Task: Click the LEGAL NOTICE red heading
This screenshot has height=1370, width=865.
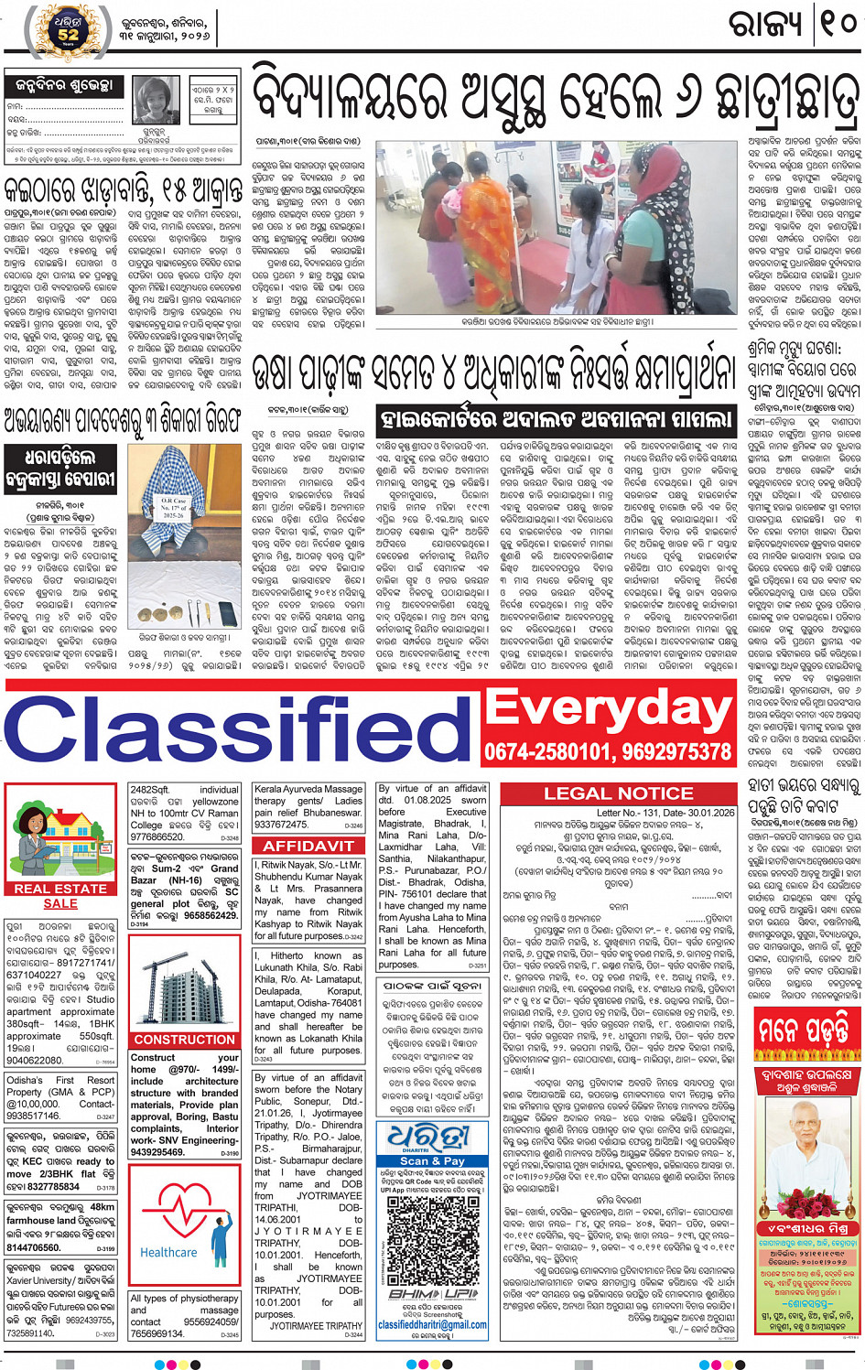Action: click(619, 793)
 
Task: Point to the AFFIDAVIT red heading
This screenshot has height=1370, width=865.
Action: click(308, 846)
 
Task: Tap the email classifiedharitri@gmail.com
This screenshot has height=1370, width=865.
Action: click(432, 1324)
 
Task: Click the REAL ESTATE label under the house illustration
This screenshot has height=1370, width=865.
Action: click(60, 888)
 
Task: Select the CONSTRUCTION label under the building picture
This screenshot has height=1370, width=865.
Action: click(185, 1040)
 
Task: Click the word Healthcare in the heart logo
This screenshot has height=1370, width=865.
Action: click(168, 1252)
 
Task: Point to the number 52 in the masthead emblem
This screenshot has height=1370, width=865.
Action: click(68, 35)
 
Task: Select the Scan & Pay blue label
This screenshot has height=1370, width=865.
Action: click(432, 1160)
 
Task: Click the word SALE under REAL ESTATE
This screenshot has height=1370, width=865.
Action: click(60, 903)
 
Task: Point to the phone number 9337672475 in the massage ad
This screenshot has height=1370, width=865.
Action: click(282, 825)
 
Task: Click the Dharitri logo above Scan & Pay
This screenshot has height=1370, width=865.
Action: click(432, 1136)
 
